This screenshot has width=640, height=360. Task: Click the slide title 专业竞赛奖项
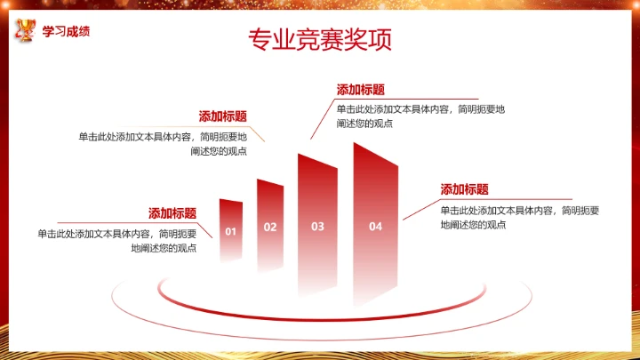point(319,41)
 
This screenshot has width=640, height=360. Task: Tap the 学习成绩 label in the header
point(66,32)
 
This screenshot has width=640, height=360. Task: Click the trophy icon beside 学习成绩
point(26,32)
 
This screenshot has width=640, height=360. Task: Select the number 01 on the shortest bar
point(230,231)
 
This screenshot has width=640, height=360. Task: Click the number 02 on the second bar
point(270,227)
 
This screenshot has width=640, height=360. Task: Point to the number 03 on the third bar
point(317,227)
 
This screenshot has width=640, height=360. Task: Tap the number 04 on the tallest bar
point(375,227)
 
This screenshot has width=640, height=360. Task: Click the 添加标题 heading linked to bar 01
point(172,213)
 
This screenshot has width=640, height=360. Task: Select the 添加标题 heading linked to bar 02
point(222,116)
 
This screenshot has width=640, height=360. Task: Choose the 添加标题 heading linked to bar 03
point(361,90)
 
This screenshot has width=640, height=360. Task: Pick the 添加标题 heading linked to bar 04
point(465,189)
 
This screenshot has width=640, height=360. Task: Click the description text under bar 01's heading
point(116,241)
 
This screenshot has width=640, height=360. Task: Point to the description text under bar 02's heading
point(162,144)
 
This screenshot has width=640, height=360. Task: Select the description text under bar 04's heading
point(520,217)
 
